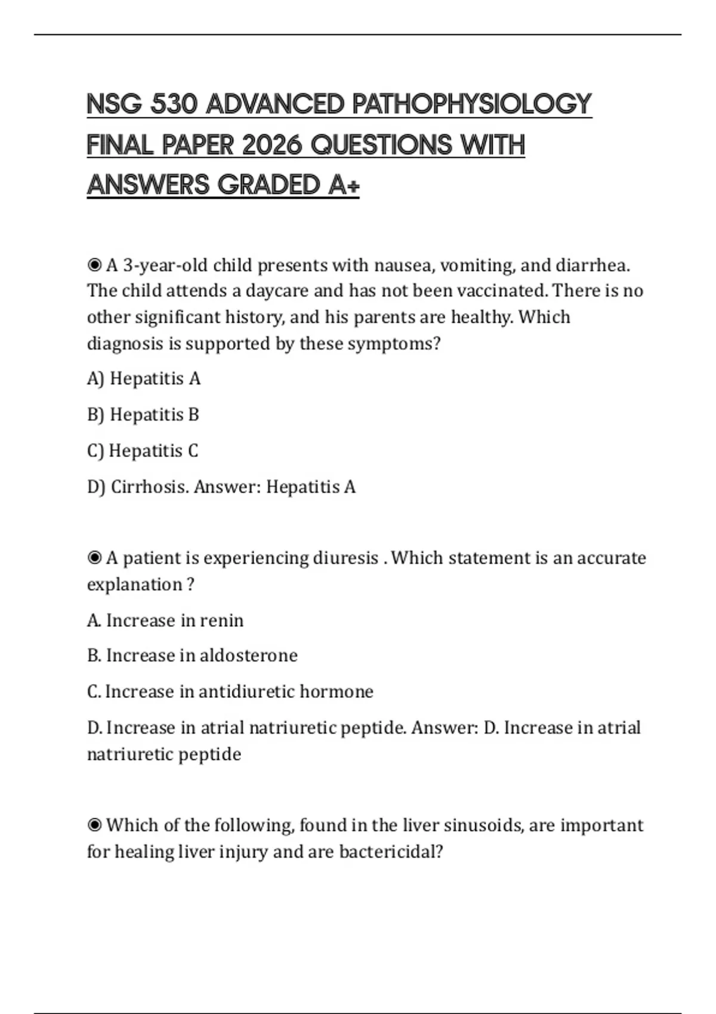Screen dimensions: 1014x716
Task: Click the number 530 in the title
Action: [x=174, y=104]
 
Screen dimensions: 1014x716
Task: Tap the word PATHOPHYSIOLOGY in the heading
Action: [x=471, y=104]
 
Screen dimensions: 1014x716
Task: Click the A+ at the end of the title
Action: [x=344, y=186]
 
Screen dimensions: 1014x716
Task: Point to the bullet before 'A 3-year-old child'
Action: [x=94, y=264]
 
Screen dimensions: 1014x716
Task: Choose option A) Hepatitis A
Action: [x=144, y=379]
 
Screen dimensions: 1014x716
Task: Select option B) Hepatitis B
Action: [x=143, y=415]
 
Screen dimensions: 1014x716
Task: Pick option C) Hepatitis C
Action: [x=143, y=451]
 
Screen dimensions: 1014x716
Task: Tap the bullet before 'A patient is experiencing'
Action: [x=94, y=558]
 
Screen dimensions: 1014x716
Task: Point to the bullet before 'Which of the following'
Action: [x=94, y=825]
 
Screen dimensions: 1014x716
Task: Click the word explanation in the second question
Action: [x=134, y=585]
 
